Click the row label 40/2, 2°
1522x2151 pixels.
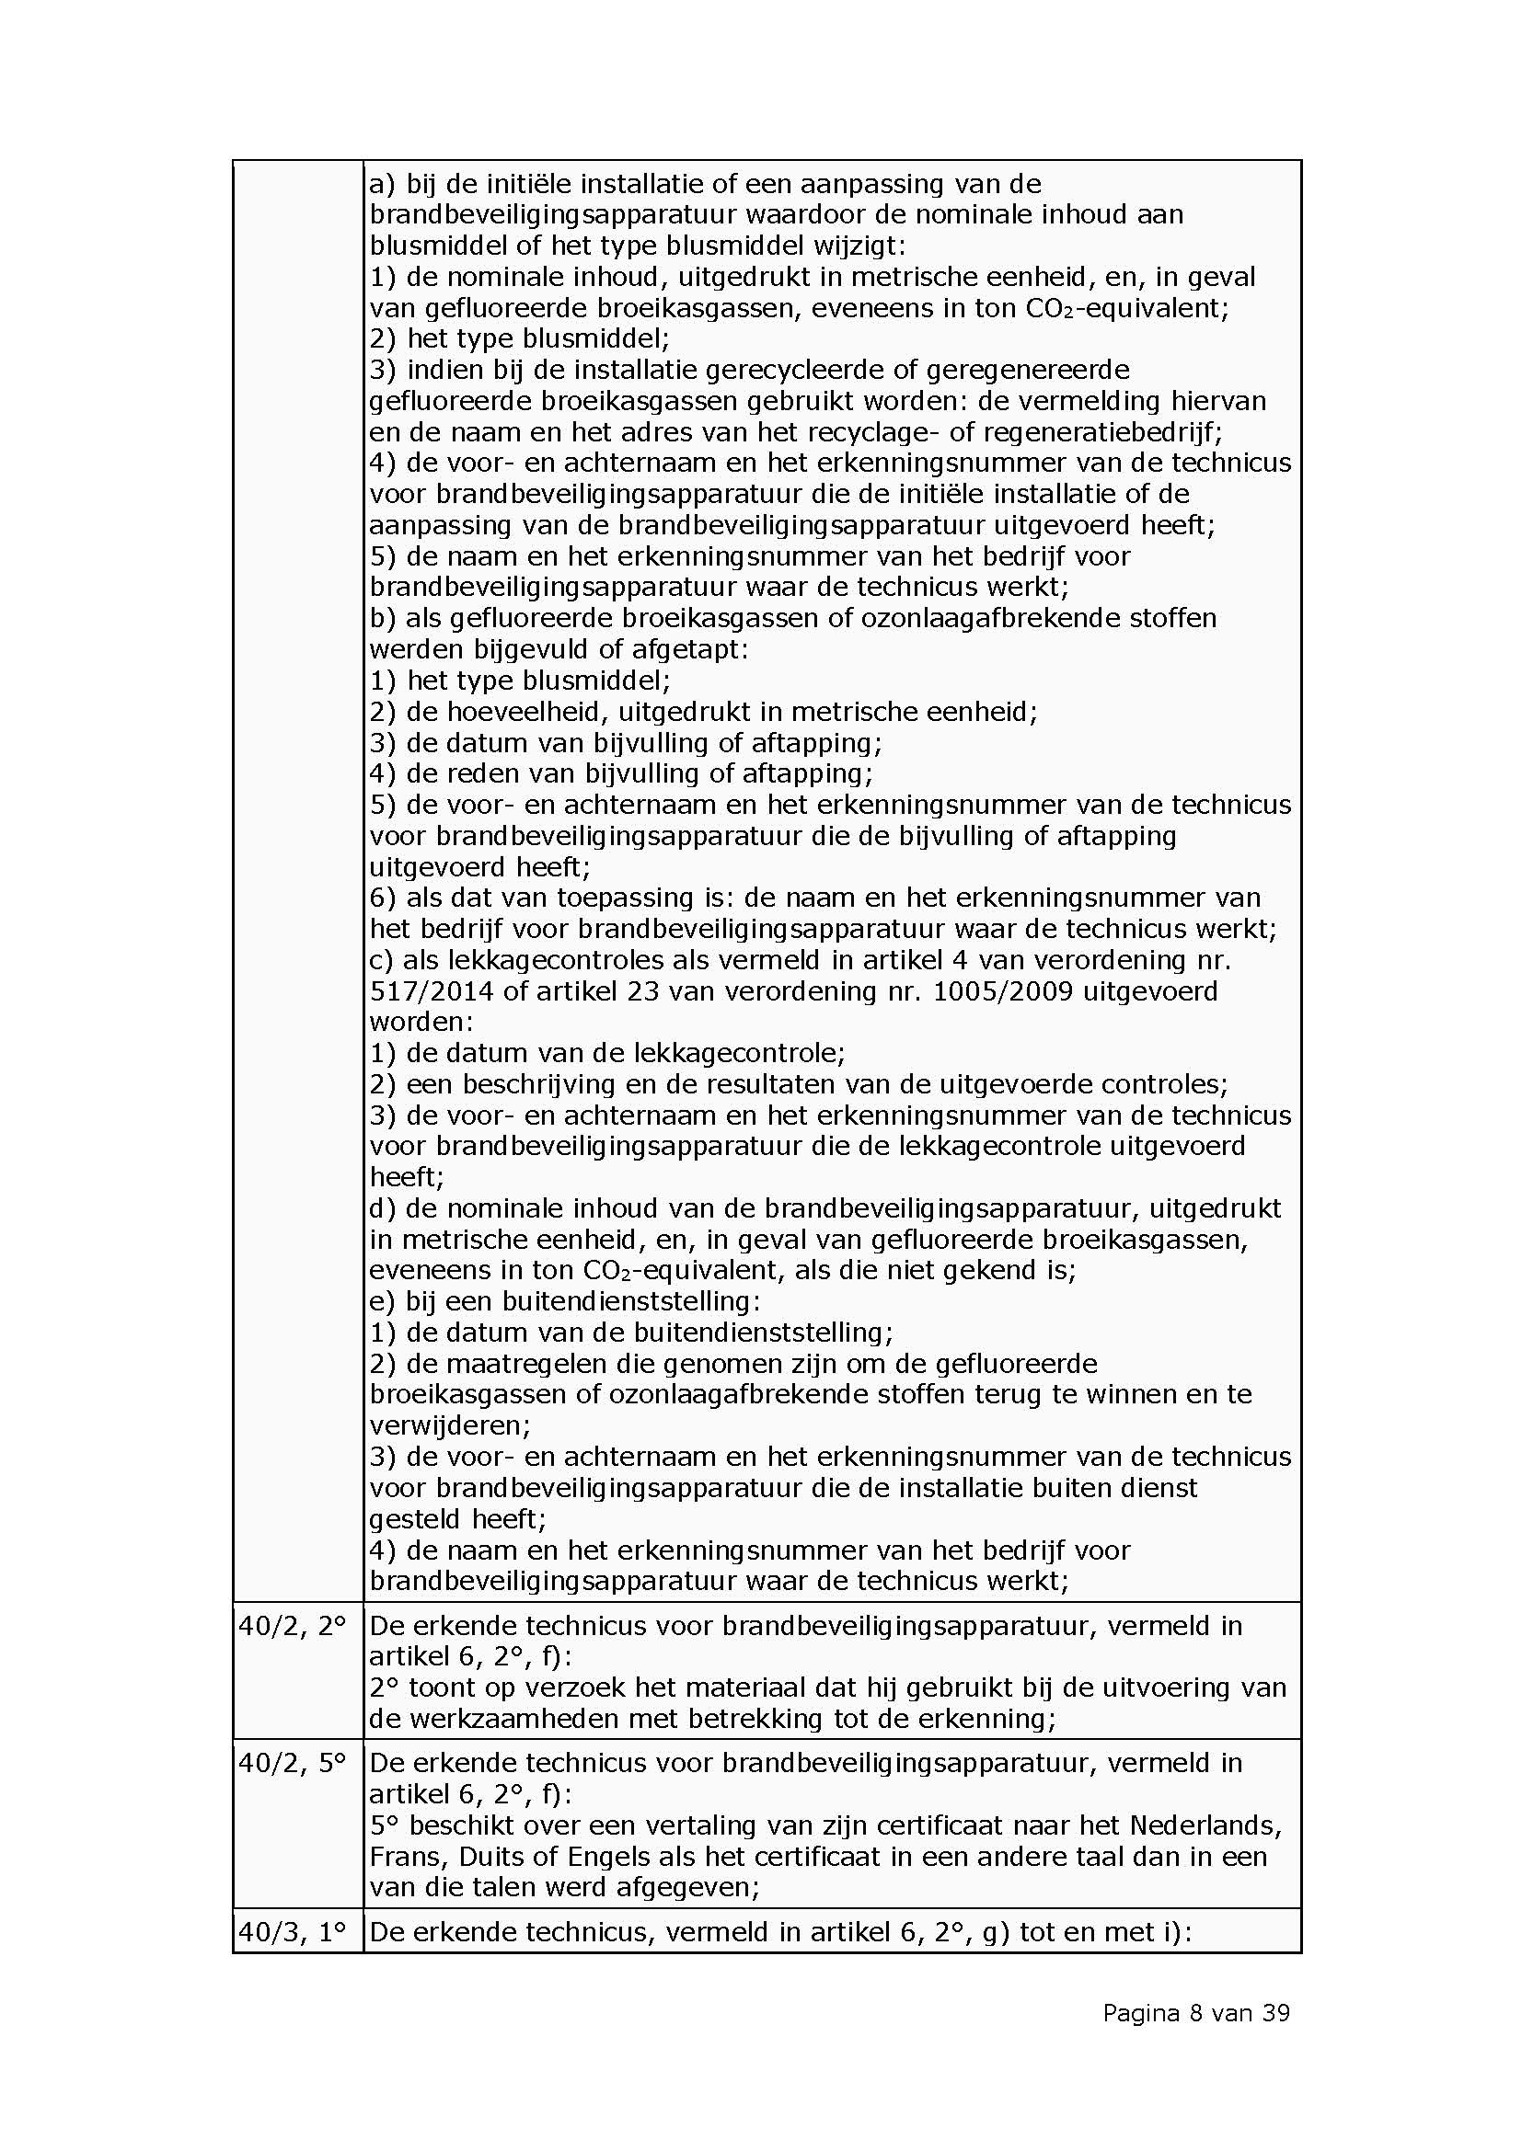[x=293, y=1625]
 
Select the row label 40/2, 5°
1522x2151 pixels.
[x=293, y=1762]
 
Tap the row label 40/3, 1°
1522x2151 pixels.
[x=293, y=1932]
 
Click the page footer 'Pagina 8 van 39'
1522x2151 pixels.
[x=1196, y=2012]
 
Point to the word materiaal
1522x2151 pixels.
[x=702, y=1688]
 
